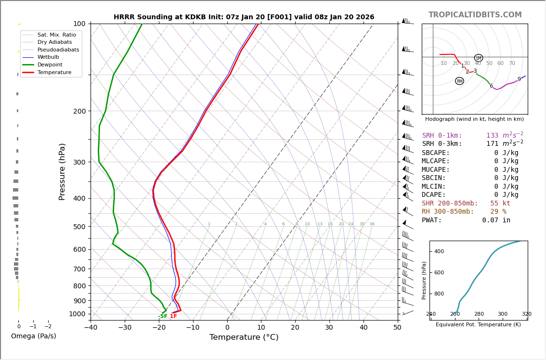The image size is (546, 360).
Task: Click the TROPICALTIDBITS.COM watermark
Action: tap(475, 15)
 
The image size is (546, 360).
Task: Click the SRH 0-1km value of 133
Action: tap(492, 136)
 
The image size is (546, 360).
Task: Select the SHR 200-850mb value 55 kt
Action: tap(500, 203)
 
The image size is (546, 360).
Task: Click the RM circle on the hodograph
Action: tap(459, 81)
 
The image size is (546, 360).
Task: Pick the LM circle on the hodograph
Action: tap(479, 58)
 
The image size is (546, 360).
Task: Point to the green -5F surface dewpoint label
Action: tap(163, 317)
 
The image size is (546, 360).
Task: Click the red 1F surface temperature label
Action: tap(173, 316)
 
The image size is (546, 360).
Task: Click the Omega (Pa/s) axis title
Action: tap(34, 336)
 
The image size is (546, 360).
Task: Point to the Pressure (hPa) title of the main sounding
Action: tap(62, 171)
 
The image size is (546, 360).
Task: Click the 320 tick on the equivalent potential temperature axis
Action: tap(527, 314)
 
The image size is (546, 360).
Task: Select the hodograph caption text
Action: tap(474, 119)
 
